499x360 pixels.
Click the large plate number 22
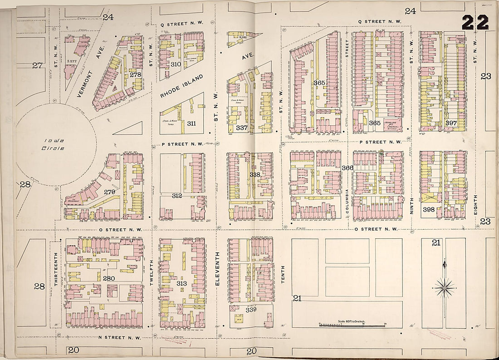[x=475, y=22]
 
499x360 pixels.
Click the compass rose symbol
[x=445, y=286]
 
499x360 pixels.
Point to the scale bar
[x=352, y=325]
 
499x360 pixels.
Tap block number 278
[x=135, y=75]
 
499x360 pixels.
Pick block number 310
[x=176, y=64]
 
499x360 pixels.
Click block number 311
[x=191, y=123]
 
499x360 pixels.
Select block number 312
[x=177, y=196]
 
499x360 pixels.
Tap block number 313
[x=181, y=283]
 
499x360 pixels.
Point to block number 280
[x=108, y=278]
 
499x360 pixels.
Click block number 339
[x=251, y=310]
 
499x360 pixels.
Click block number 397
[x=450, y=123]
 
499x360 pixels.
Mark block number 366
[x=347, y=168]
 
